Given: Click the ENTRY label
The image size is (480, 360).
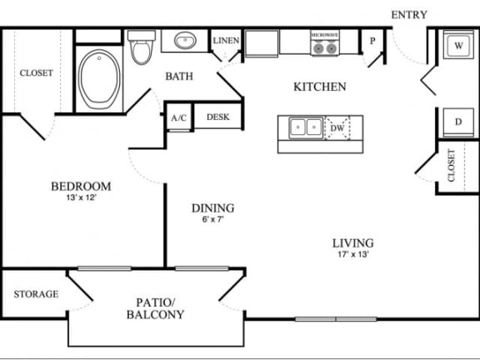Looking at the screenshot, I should [x=409, y=14].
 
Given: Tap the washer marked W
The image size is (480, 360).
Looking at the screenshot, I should [x=457, y=47].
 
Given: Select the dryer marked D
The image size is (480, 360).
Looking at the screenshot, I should [x=457, y=122].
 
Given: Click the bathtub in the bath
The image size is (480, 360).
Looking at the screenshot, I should [x=100, y=78].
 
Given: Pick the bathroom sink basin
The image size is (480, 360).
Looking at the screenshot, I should [x=184, y=40].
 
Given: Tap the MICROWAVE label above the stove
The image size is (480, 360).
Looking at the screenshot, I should [x=324, y=35].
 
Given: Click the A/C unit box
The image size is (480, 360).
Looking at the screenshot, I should [x=178, y=118].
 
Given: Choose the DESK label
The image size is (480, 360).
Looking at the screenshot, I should [x=218, y=117].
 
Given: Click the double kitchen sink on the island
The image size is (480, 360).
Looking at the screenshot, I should [x=306, y=127].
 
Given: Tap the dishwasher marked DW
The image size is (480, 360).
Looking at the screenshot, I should [x=337, y=127].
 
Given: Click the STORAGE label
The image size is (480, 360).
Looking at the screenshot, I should [x=36, y=294].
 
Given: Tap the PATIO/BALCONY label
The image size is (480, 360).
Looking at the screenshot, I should [x=155, y=308].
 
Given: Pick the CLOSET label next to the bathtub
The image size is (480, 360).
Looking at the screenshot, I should [x=36, y=73].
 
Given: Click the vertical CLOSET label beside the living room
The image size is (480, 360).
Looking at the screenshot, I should [x=451, y=165].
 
